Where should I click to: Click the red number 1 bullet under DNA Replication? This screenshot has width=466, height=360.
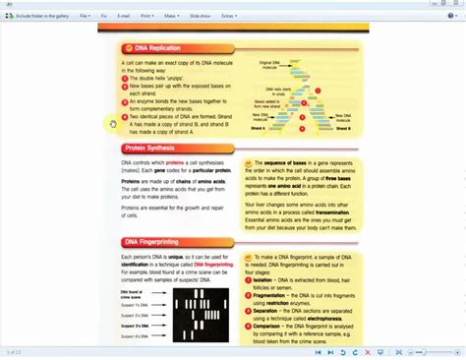[125, 77]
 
